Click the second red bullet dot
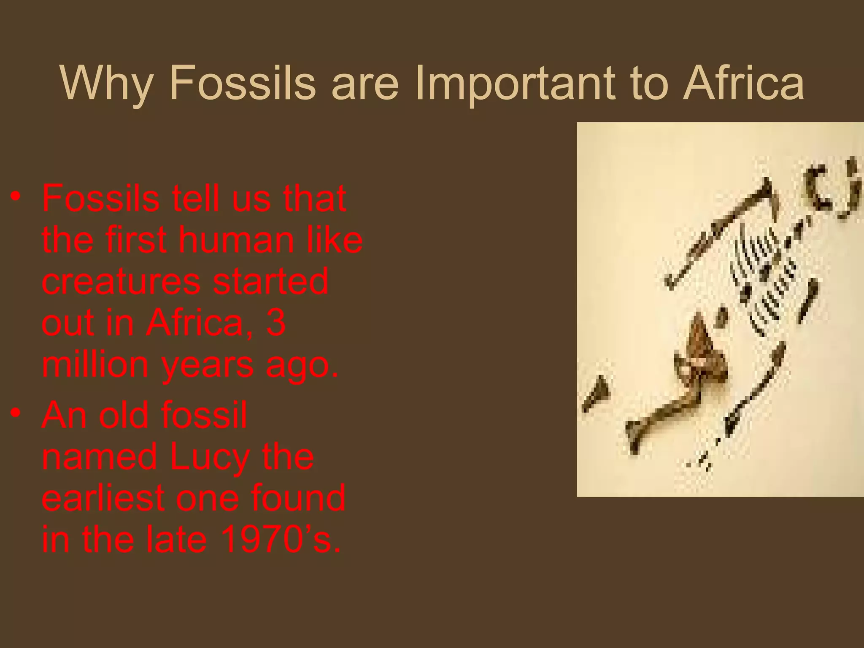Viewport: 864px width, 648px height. click(16, 413)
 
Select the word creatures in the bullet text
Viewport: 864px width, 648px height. click(121, 282)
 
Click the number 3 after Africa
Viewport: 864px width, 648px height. click(276, 323)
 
